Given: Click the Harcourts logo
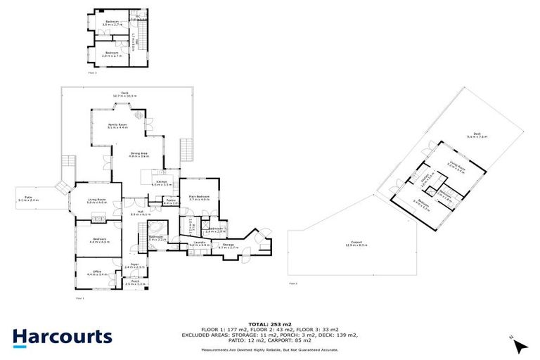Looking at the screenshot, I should point(62,336).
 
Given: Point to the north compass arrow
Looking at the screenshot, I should point(519,345).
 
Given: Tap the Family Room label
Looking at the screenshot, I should point(117,126).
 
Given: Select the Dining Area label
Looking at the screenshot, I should point(139,155).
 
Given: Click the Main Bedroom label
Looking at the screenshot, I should point(200,199).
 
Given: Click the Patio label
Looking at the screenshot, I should point(29,199).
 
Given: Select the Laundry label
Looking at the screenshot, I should point(196,244).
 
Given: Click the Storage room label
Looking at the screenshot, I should point(229,247).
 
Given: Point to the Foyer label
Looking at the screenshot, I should point(134,266).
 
